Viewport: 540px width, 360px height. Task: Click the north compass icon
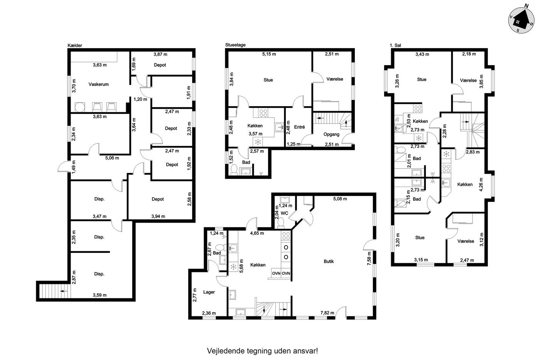(521, 20)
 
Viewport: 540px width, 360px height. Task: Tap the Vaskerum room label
(98, 84)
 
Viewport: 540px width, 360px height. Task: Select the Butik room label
(329, 261)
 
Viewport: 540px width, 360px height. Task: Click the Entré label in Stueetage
(299, 127)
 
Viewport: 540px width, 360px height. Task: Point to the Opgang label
(331, 134)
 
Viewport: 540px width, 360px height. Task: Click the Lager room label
(209, 292)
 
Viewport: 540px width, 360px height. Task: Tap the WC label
(285, 213)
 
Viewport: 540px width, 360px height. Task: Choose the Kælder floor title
(75, 45)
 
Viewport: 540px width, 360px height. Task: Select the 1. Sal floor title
(395, 45)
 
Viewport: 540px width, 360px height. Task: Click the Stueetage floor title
(235, 45)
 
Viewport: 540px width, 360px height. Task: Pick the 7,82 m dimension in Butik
(327, 313)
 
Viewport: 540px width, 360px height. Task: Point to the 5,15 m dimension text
(269, 54)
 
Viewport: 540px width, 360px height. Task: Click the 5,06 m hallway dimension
(112, 158)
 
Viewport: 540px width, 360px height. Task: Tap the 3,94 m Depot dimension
(158, 216)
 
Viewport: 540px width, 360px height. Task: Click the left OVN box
(276, 273)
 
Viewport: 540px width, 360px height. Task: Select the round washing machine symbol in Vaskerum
(79, 107)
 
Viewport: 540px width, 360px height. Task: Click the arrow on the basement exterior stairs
(64, 291)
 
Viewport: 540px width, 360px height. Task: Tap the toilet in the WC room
(281, 222)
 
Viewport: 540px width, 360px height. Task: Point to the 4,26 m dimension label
(481, 184)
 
